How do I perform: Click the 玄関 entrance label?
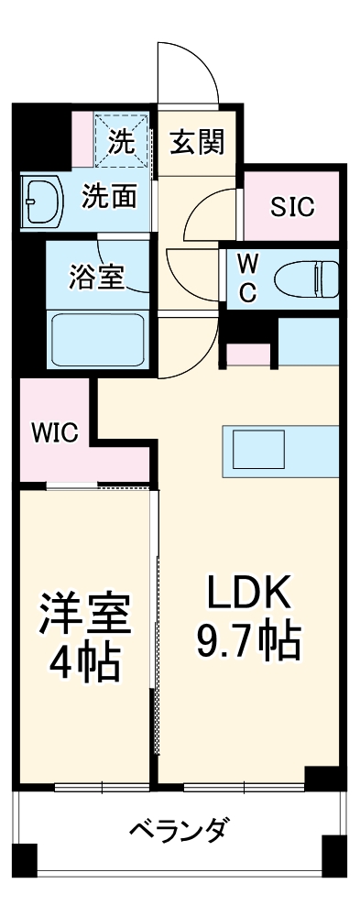(x=196, y=143)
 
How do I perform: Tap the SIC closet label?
(x=291, y=207)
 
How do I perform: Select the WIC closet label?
(x=54, y=431)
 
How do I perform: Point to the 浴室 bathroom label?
(x=96, y=276)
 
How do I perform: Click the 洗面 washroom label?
(x=110, y=196)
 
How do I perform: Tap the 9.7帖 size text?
(x=247, y=643)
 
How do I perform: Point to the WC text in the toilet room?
(x=247, y=277)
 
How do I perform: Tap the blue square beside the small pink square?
(x=308, y=341)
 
